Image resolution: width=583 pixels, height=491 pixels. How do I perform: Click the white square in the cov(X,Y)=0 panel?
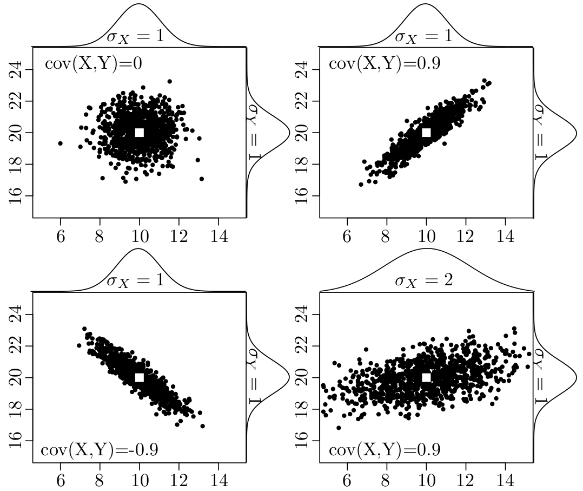coord(140,133)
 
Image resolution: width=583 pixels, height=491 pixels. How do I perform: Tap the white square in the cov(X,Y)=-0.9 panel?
coord(140,377)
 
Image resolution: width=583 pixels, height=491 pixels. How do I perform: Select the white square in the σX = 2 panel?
coord(426,377)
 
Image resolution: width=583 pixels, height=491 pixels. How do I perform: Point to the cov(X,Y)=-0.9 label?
coord(100,450)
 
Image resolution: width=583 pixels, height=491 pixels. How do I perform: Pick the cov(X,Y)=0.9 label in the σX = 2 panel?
coord(385,450)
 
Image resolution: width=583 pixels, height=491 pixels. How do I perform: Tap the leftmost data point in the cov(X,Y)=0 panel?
coord(61,143)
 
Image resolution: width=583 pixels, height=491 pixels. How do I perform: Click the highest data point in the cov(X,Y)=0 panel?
coord(169,81)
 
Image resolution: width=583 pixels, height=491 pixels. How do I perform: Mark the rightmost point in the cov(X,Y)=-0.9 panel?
coord(202,426)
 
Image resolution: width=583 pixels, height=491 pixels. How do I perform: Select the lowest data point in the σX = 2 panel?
coord(339,428)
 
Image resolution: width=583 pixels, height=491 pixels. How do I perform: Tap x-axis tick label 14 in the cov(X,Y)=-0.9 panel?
coord(218,481)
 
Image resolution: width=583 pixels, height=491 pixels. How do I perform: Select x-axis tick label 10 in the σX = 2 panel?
coord(426,481)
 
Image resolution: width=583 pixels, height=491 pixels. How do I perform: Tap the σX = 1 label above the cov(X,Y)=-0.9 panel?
coord(139,281)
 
